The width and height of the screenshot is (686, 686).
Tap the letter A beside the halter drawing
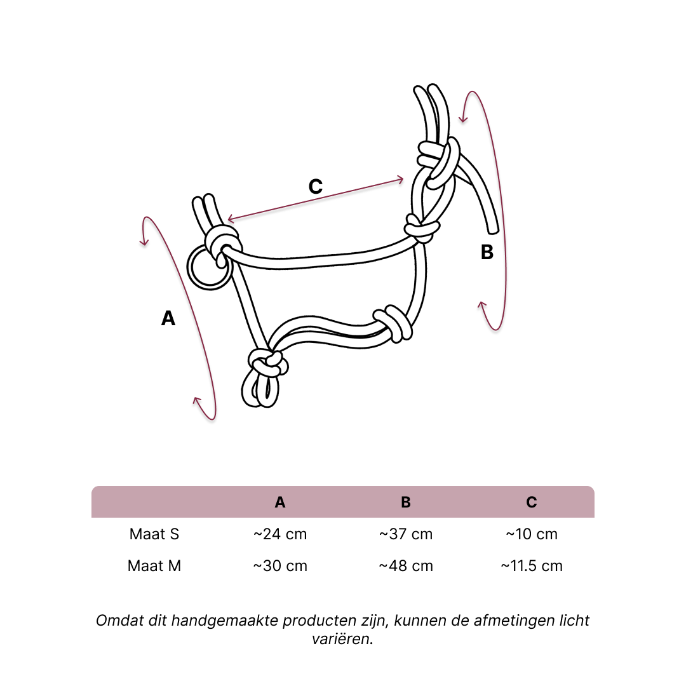click(x=168, y=318)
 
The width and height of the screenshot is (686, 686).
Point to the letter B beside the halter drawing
click(x=487, y=252)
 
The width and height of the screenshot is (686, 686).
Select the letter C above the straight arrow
click(x=316, y=186)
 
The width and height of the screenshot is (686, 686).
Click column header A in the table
click(x=280, y=502)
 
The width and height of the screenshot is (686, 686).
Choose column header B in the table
click(x=405, y=502)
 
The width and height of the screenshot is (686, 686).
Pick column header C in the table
click(x=532, y=502)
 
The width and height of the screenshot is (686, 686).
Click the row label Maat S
click(x=154, y=534)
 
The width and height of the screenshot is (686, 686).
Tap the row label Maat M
click(x=154, y=566)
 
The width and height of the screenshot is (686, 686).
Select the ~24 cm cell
click(x=280, y=534)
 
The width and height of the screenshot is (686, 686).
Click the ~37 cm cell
click(x=405, y=534)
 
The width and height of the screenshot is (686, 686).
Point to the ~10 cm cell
click(x=532, y=534)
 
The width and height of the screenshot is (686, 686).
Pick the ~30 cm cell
click(x=280, y=566)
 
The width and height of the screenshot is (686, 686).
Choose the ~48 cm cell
click(x=405, y=566)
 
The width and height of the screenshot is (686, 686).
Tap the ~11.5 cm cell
click(x=532, y=566)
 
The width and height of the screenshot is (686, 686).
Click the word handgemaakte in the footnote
click(x=225, y=621)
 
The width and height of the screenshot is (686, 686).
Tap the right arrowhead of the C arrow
click(x=400, y=180)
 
